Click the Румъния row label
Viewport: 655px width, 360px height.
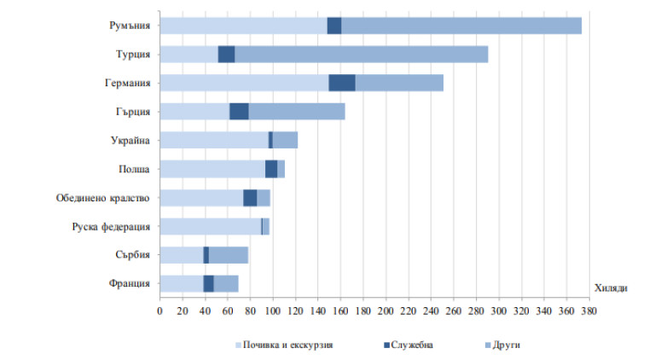tap(130, 26)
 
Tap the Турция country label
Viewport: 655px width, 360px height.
tap(133, 55)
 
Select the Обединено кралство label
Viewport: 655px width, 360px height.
tap(103, 198)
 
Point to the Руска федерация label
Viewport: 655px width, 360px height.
tap(110, 227)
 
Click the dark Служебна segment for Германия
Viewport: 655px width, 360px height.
tap(342, 83)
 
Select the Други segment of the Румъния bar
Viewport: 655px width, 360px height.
tap(461, 26)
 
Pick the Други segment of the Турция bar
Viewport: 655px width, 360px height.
tap(361, 55)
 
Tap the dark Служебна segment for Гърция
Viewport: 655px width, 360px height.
tap(239, 112)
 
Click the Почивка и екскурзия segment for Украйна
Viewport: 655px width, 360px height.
tap(213, 140)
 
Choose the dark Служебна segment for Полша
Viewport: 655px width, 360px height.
tap(271, 169)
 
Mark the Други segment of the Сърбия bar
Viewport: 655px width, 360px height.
tap(229, 255)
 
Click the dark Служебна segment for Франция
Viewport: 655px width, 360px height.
tap(208, 284)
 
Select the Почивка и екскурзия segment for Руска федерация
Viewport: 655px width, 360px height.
tap(210, 227)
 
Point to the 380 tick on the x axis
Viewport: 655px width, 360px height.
tap(588, 310)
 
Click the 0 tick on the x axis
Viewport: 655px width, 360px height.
tap(159, 310)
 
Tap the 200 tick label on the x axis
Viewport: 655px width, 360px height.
tap(385, 310)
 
